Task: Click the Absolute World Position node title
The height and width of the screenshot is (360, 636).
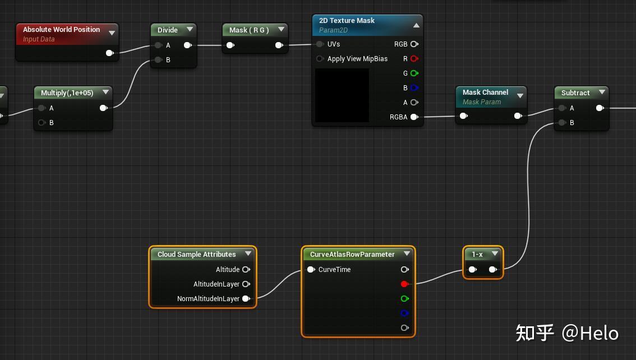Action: pos(61,30)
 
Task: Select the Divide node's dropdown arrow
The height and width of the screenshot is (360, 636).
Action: pos(190,30)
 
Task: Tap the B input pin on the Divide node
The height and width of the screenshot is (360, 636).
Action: pos(159,60)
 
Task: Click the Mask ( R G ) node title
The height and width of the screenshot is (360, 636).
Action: pos(249,30)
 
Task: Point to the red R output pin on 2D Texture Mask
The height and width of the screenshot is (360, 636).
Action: pos(414,59)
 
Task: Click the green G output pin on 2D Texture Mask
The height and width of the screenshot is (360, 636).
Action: pos(414,73)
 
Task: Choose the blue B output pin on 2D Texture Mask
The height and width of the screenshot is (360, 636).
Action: pos(414,88)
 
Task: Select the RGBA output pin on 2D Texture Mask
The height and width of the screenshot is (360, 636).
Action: pos(414,117)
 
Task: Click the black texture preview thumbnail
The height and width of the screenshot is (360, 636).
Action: pos(342,95)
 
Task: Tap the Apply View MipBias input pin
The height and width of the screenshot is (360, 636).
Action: pos(320,59)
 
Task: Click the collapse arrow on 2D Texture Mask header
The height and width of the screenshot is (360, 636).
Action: pos(416,25)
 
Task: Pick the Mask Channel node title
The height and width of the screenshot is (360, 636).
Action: pos(485,93)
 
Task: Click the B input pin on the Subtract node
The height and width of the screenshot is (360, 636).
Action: pos(562,123)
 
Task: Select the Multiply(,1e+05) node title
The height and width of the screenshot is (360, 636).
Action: pos(67,93)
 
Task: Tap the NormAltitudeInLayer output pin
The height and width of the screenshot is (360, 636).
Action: pos(246,299)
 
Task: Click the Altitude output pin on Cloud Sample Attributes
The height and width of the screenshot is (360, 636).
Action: pos(246,270)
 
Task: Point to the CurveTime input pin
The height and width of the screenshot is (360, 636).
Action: pos(311,270)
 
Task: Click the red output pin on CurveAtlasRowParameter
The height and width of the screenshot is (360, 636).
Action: pos(404,284)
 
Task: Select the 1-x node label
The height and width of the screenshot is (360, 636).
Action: pos(477,255)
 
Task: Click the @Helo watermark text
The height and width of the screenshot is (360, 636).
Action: pos(590,333)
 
